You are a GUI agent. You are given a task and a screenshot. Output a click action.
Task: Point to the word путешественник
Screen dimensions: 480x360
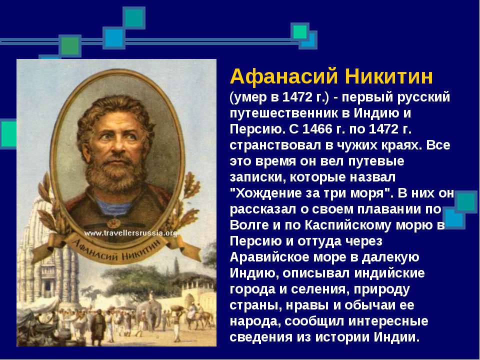283,113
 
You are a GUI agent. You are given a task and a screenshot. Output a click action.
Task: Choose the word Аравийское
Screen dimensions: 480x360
269,257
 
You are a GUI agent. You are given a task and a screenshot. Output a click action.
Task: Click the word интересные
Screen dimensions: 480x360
388,321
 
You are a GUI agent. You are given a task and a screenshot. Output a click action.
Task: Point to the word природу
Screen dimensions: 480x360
381,289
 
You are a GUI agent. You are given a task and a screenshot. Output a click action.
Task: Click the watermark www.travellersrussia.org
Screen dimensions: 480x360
130,233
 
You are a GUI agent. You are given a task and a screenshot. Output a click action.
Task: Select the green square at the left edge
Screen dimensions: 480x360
8,134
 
